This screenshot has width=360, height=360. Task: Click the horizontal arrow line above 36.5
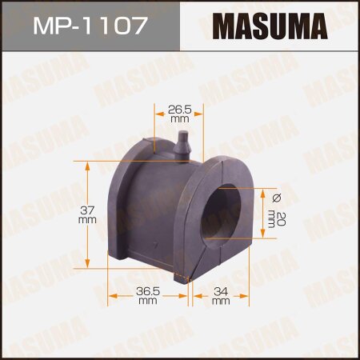coord(147,295)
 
